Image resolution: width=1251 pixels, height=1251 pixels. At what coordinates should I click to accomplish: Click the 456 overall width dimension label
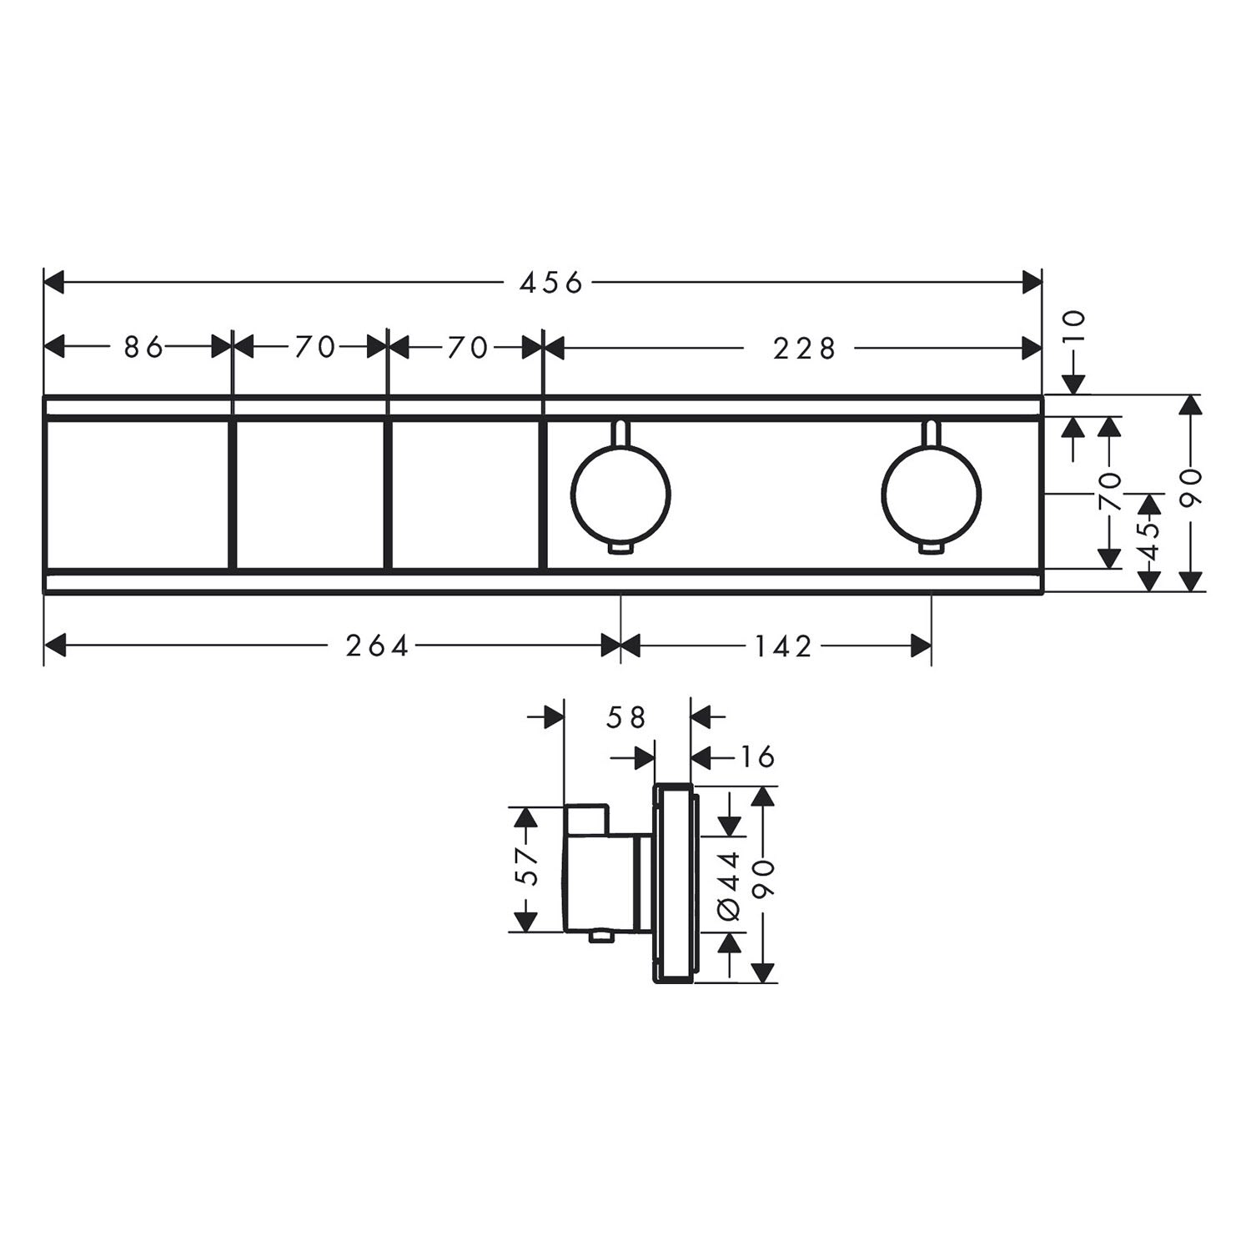(550, 284)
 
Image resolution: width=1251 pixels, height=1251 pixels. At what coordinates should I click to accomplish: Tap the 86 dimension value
(144, 347)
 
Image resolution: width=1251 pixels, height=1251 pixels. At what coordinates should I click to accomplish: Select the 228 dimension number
(804, 348)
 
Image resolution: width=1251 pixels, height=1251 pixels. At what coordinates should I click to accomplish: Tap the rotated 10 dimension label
(1074, 325)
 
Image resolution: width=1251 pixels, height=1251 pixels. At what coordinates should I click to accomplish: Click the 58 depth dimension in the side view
(627, 717)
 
